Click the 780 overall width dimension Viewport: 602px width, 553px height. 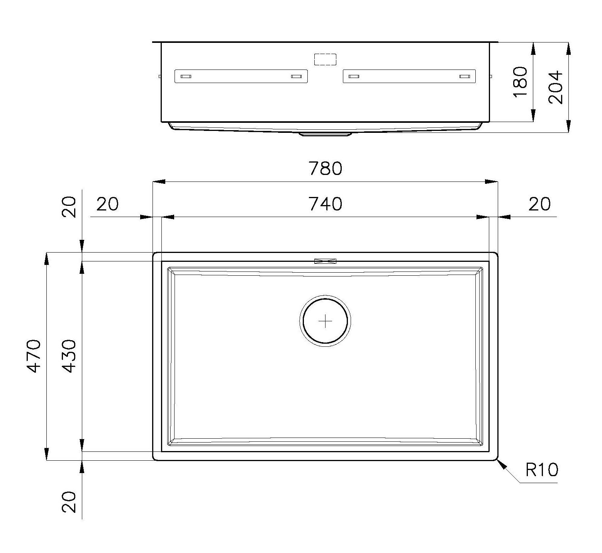pos(325,169)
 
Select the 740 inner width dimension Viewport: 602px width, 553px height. pos(325,204)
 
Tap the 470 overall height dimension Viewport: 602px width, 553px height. pos(34,356)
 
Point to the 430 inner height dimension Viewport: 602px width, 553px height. pos(70,356)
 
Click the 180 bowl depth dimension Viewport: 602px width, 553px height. pos(521,81)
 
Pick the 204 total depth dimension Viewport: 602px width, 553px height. pos(556,87)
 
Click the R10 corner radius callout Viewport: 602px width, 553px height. pos(542,470)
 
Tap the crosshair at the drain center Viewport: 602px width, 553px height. pos(325,321)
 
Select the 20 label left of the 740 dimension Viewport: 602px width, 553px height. pos(107,204)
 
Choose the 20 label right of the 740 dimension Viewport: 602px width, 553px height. pos(539,204)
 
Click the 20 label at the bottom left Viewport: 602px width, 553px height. pos(70,502)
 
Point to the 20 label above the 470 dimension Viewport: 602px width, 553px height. pos(70,207)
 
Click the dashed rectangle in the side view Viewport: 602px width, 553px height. pos(325,59)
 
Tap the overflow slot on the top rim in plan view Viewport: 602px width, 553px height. pos(325,261)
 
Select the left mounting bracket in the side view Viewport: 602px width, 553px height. pos(241,76)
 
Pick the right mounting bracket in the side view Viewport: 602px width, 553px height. pos(409,76)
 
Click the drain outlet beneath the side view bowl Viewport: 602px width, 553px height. pos(325,134)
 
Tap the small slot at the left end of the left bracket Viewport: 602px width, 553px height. pos(186,76)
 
